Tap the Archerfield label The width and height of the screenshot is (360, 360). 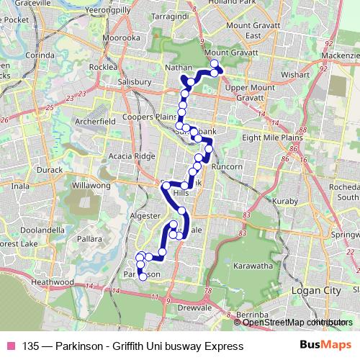(94, 122)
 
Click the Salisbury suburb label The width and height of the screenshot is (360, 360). (132, 82)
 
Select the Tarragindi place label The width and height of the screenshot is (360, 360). (189, 14)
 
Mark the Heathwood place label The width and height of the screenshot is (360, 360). (53, 283)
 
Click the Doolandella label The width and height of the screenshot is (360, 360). (43, 229)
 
